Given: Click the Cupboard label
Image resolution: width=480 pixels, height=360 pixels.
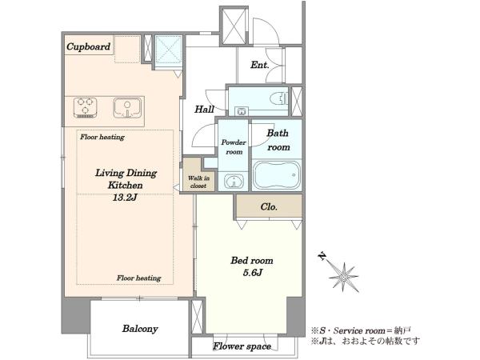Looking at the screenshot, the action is [89, 47].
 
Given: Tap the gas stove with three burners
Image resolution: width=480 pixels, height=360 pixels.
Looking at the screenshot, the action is [86, 108].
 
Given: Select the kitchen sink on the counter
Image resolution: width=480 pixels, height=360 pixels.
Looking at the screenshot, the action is [127, 108].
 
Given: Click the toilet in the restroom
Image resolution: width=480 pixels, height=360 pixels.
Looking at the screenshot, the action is [280, 98].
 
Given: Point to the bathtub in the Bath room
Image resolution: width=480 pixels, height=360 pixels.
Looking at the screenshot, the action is [278, 174].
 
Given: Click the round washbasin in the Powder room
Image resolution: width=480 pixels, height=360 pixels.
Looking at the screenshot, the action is [234, 181].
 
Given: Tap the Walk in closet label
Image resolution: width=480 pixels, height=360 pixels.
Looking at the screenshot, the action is [198, 182].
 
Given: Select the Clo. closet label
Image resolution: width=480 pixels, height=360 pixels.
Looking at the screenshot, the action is [269, 207].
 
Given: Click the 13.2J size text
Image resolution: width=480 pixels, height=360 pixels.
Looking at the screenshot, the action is [124, 198].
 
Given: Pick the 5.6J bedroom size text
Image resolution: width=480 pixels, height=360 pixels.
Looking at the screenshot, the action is [253, 273].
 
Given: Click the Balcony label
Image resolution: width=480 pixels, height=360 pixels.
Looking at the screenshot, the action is [140, 329].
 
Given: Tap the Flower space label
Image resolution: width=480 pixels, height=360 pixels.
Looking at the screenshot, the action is [242, 346].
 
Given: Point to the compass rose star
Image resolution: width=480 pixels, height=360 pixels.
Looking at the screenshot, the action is [344, 277].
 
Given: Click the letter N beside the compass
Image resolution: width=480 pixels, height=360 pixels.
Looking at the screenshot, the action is [322, 256].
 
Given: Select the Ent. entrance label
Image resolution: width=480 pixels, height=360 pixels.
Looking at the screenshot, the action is [259, 65].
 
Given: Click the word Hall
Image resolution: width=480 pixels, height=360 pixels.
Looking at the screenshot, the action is [204, 110].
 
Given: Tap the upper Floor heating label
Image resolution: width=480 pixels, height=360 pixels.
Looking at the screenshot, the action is [102, 137].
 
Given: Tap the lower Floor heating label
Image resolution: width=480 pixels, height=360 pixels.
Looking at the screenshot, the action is [138, 278].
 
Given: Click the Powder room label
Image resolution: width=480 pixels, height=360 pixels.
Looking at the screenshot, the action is [234, 147].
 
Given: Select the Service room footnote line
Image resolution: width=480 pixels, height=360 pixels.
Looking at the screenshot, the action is [361, 330].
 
